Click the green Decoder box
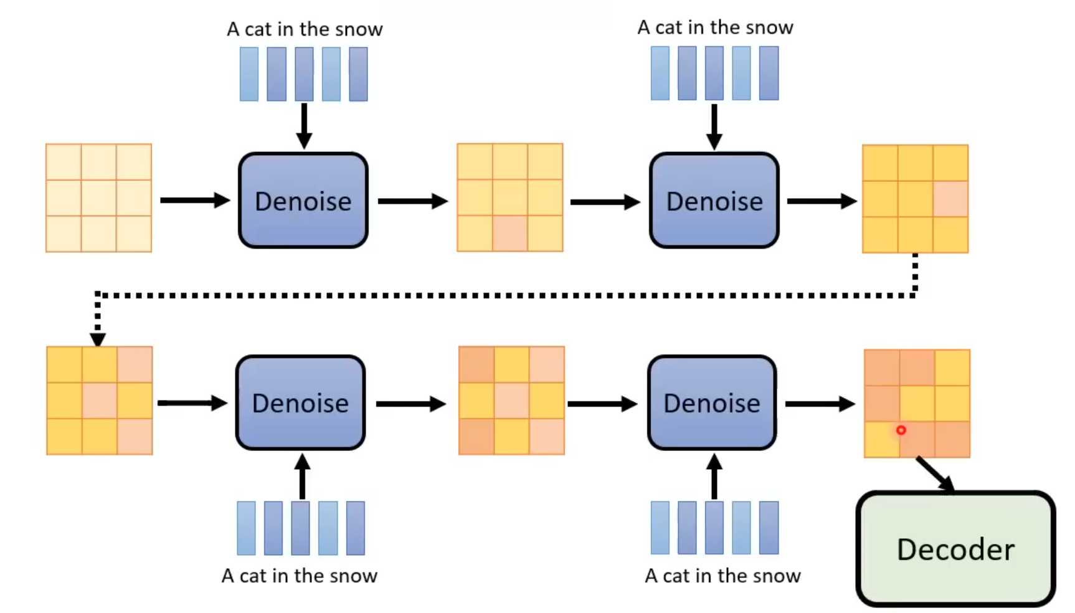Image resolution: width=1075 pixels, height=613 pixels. [x=955, y=549]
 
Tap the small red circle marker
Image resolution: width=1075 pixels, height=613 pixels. [x=901, y=430]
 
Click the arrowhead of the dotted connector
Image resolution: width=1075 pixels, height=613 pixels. [x=98, y=339]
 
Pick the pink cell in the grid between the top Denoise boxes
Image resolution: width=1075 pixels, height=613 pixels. [x=510, y=234]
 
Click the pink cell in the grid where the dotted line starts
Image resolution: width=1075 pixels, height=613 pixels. [x=950, y=199]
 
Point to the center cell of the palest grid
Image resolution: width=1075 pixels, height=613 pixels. [x=98, y=198]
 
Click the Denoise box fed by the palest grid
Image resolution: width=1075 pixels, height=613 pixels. [x=303, y=200]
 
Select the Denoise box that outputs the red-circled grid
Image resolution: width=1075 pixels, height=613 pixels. [x=712, y=402]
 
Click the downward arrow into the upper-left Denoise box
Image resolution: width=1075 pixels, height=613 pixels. [x=304, y=125]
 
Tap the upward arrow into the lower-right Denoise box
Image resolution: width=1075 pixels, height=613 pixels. [x=714, y=477]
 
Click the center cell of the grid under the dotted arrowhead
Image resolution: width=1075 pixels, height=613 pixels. [x=100, y=401]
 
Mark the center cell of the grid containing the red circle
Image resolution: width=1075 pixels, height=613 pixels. [x=917, y=403]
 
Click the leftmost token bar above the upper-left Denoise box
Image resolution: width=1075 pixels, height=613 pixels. [x=249, y=74]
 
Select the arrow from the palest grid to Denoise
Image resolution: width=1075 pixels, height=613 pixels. [x=194, y=200]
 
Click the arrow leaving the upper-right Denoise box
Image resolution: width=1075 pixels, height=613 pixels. [x=822, y=201]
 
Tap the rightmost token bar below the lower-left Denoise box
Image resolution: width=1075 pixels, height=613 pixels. [x=355, y=528]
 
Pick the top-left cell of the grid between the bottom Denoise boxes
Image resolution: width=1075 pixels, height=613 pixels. [x=476, y=364]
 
